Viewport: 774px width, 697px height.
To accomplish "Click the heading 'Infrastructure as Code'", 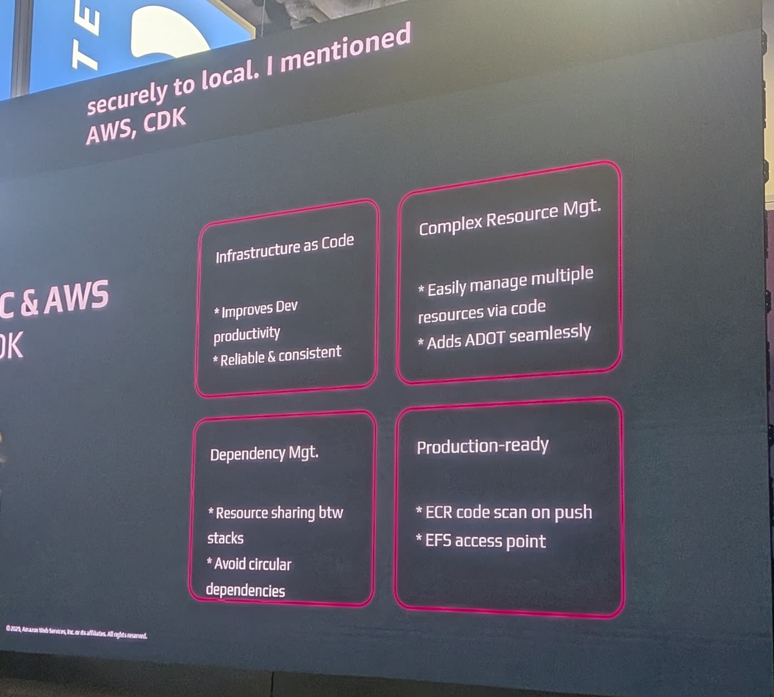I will pos(284,248).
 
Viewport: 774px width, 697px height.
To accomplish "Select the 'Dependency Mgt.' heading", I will pos(264,454).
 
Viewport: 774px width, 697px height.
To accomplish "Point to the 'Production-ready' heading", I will pos(482,446).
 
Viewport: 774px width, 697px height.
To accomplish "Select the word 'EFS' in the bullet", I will pos(438,541).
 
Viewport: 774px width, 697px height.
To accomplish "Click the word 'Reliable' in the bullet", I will pos(242,359).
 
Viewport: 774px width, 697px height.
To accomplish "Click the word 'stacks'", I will pos(225,538).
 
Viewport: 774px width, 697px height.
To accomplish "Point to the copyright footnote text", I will pos(76,632).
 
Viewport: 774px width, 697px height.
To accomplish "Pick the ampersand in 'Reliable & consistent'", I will pos(272,357).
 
